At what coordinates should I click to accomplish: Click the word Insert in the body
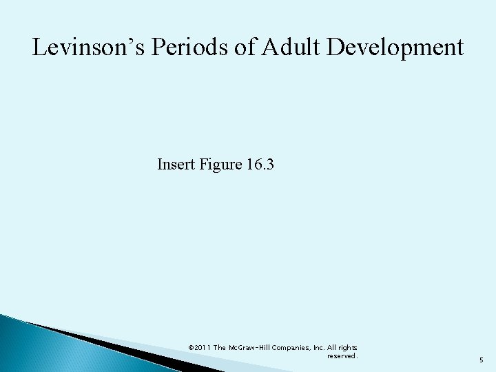174,165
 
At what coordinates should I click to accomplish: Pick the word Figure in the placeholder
216,165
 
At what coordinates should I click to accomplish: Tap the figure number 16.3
260,165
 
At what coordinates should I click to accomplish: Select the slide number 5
482,358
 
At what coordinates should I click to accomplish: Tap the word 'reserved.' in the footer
342,356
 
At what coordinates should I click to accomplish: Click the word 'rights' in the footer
347,348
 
